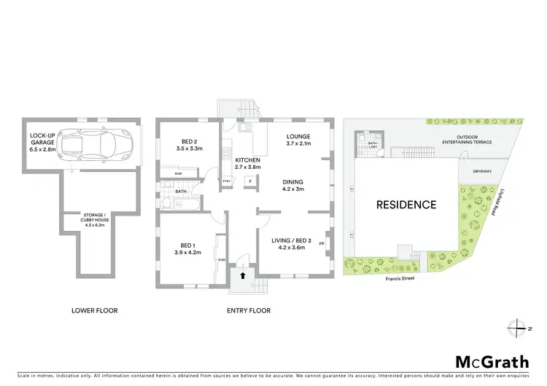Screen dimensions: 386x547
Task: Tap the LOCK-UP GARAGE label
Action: point(43,141)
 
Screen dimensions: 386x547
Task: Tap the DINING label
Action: point(292,186)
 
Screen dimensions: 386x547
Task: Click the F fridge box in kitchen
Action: point(250,181)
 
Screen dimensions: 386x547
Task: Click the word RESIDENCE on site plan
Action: point(406,205)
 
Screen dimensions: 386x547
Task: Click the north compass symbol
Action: point(519,328)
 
